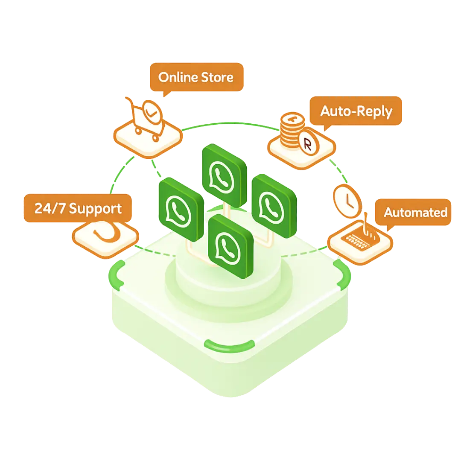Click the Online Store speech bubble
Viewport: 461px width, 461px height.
[x=196, y=77]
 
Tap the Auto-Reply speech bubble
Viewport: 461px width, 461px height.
[x=356, y=111]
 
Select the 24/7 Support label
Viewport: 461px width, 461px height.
[x=78, y=209]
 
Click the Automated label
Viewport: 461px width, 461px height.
[x=415, y=212]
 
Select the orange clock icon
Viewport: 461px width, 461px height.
[x=347, y=199]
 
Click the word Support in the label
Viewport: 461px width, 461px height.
[x=95, y=209]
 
